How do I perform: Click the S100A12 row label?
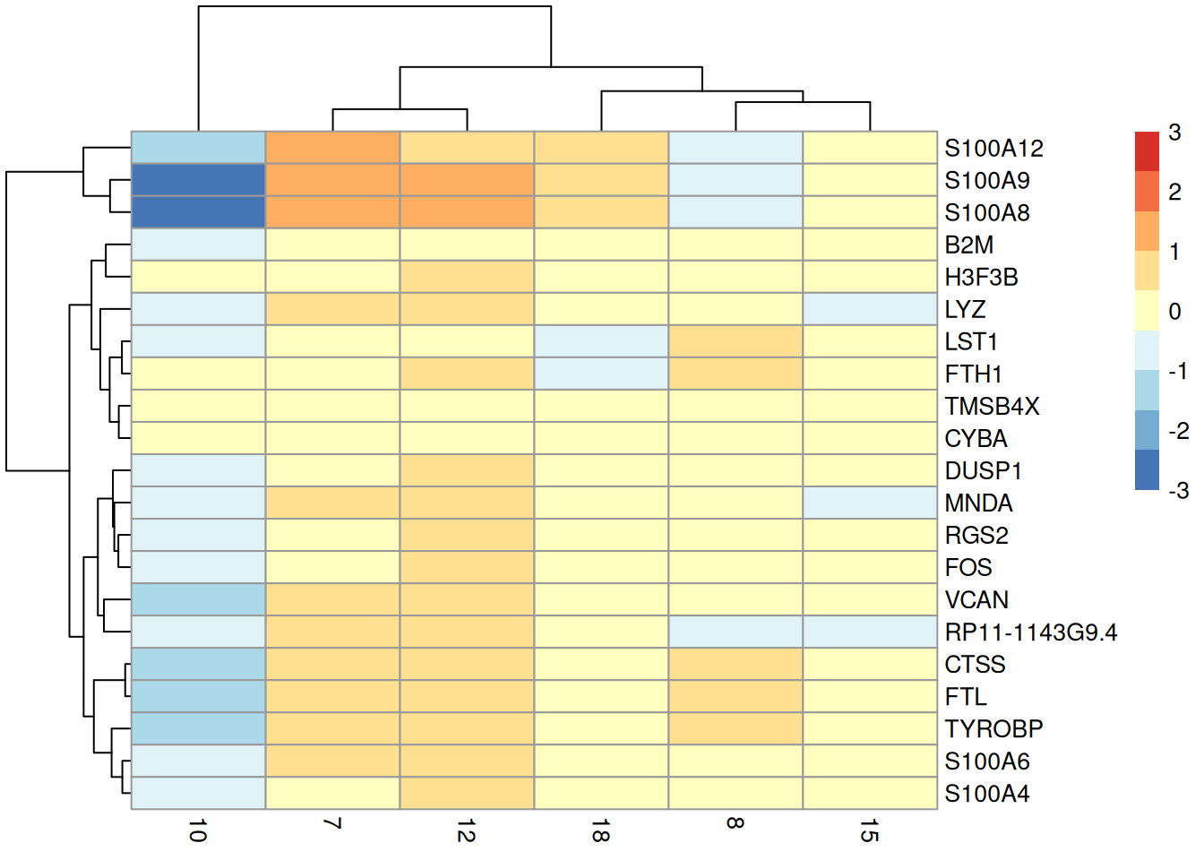coord(993,149)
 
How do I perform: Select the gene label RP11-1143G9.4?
coord(1030,632)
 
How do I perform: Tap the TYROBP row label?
coord(993,729)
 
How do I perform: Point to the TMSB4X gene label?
coord(991,407)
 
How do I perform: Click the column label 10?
coord(198,830)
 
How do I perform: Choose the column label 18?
coord(601,830)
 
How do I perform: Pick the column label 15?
coord(870,830)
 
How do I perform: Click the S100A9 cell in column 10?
coord(198,180)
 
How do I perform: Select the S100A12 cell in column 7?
coord(332,148)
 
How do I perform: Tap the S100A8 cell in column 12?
coord(467,212)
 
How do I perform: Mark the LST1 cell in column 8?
coord(735,341)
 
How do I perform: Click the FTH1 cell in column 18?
coord(601,374)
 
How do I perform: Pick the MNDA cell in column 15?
coord(870,503)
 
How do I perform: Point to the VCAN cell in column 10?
coord(198,599)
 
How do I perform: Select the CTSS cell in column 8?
coord(735,664)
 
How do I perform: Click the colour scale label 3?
coord(1174,133)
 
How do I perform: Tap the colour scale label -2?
coord(1178,432)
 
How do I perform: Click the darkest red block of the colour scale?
coord(1147,151)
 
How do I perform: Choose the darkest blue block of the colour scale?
coord(1147,470)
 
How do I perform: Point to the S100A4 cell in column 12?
coord(467,793)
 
